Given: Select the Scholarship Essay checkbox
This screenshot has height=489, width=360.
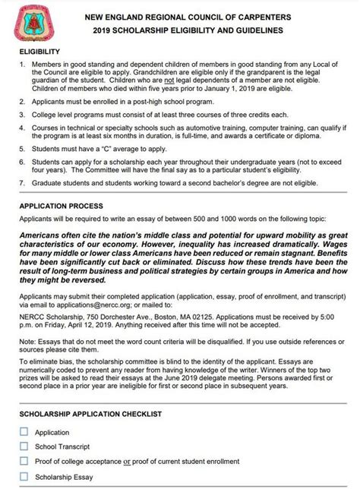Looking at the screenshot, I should [x=24, y=476].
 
